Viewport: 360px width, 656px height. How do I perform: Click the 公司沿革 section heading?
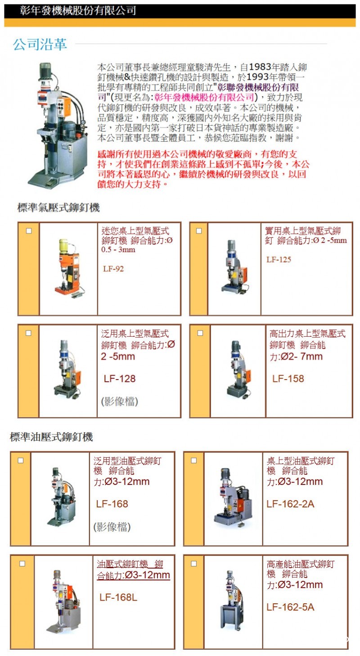40,44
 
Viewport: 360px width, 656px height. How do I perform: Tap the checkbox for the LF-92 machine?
29,231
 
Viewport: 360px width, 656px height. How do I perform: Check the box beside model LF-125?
199,231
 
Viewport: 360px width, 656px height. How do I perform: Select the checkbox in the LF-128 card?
28,333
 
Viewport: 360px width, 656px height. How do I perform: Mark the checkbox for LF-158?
200,333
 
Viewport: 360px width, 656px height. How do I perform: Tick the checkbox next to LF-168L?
22,563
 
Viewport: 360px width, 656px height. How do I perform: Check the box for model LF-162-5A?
194,563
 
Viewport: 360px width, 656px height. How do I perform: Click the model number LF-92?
113,268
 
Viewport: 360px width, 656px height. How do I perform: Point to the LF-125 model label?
279,259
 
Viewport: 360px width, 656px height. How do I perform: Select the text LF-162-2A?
290,504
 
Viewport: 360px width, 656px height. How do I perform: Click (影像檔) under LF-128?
119,401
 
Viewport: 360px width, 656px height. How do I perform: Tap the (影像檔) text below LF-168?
112,527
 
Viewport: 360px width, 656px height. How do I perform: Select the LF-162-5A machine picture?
232,600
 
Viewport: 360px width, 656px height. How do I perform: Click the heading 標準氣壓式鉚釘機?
58,208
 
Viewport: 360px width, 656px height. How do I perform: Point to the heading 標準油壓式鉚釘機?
51,437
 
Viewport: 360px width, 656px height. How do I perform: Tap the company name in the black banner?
78,11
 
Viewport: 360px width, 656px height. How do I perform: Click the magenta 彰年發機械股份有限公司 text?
204,97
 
